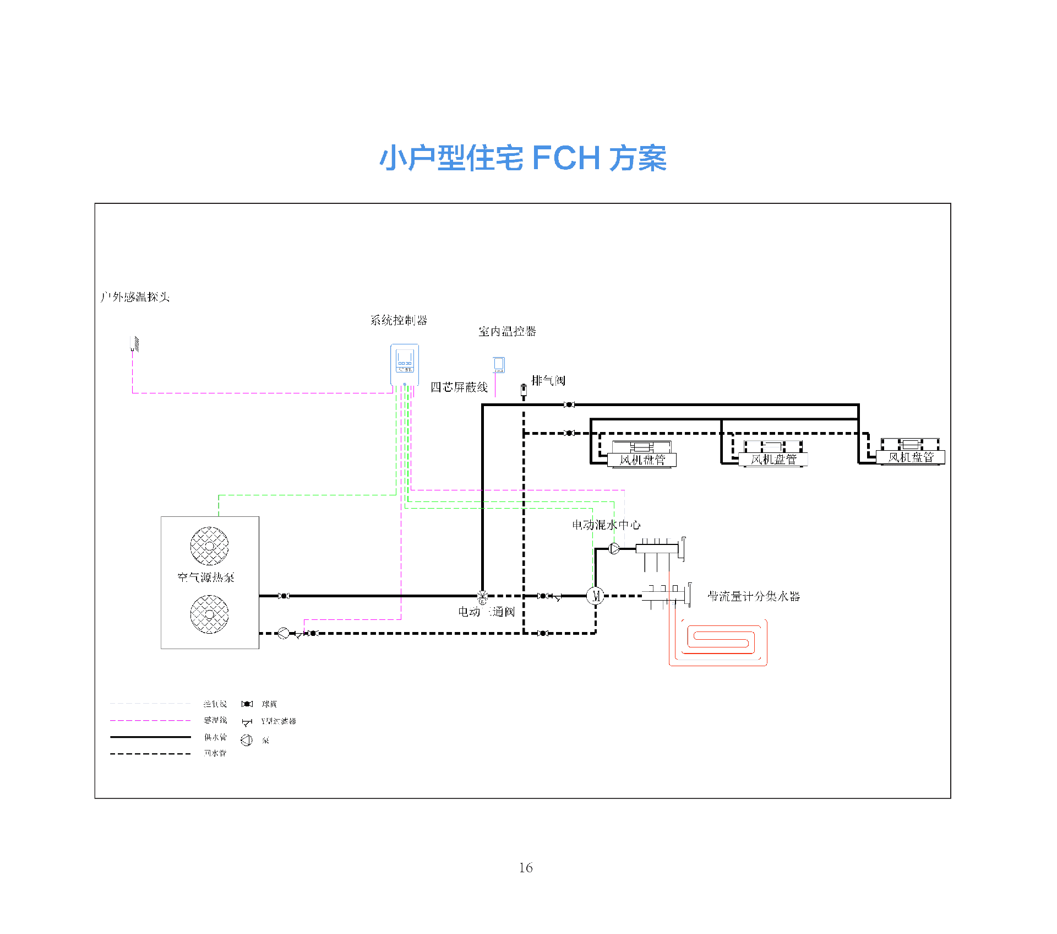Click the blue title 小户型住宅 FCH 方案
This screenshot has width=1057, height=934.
click(523, 158)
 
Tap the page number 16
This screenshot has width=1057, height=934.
click(526, 867)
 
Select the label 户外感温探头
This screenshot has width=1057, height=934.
click(135, 298)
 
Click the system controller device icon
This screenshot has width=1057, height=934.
click(405, 364)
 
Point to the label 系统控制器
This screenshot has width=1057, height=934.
click(399, 320)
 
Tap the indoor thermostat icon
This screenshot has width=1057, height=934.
click(499, 365)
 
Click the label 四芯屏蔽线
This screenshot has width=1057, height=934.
click(459, 387)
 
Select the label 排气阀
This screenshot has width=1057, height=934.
click(548, 380)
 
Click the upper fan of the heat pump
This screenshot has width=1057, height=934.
click(209, 546)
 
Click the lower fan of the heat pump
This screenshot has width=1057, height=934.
click(209, 614)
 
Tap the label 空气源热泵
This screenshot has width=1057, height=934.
click(206, 577)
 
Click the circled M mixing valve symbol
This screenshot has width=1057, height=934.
click(595, 596)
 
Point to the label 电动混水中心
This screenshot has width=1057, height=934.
click(606, 525)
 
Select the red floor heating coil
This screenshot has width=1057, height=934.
click(719, 643)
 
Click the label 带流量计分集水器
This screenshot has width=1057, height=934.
click(754, 596)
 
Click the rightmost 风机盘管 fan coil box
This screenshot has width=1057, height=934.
click(911, 457)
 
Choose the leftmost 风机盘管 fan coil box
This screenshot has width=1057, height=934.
click(642, 460)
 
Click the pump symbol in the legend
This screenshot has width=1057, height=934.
click(247, 740)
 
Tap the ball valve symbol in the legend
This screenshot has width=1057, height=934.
click(247, 704)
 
